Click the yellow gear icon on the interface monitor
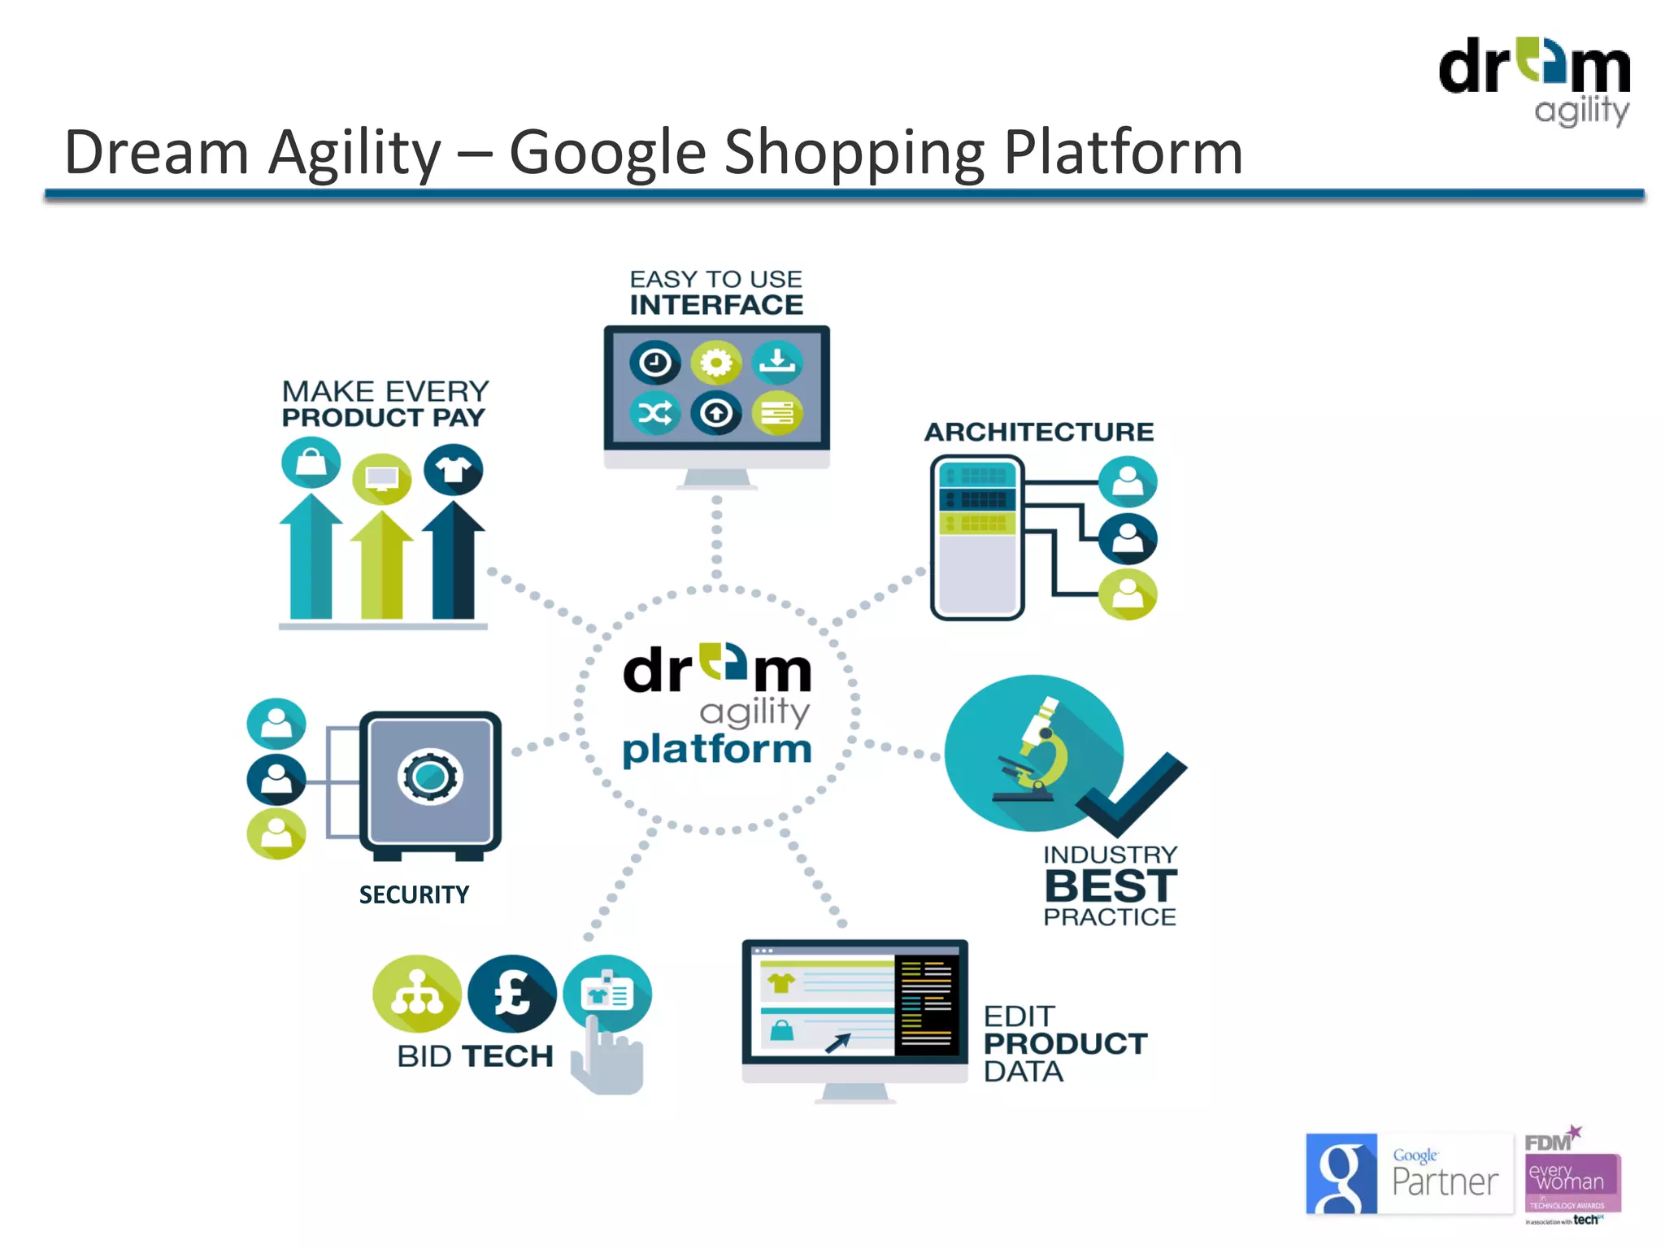point(715,363)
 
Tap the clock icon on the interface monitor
point(655,363)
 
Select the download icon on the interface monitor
point(776,363)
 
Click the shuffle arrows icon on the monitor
point(655,413)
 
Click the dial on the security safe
point(430,777)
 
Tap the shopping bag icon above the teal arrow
point(311,463)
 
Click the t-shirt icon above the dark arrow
point(454,470)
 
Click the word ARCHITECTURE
point(1039,432)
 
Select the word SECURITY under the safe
point(414,894)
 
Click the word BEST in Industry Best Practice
point(1111,886)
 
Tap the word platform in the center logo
point(717,749)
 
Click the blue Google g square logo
point(1341,1173)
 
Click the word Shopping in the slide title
point(854,152)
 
